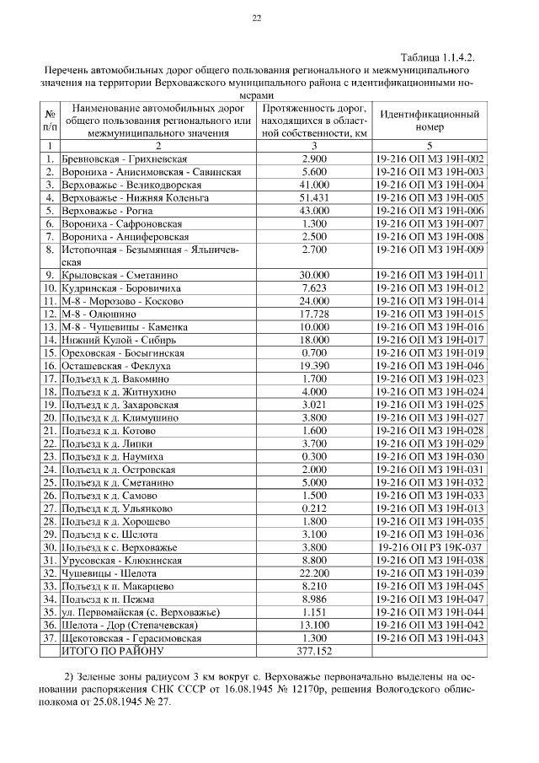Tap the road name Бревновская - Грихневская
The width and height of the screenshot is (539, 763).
tap(124, 159)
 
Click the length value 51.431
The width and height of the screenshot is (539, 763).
tap(313, 196)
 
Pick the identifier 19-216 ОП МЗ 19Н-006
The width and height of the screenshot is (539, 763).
tap(429, 209)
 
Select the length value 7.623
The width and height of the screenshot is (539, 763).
tap(313, 287)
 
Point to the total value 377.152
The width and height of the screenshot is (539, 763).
tap(313, 652)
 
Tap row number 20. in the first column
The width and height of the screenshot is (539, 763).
tap(50, 417)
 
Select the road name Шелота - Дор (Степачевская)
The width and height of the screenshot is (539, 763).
tap(128, 626)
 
